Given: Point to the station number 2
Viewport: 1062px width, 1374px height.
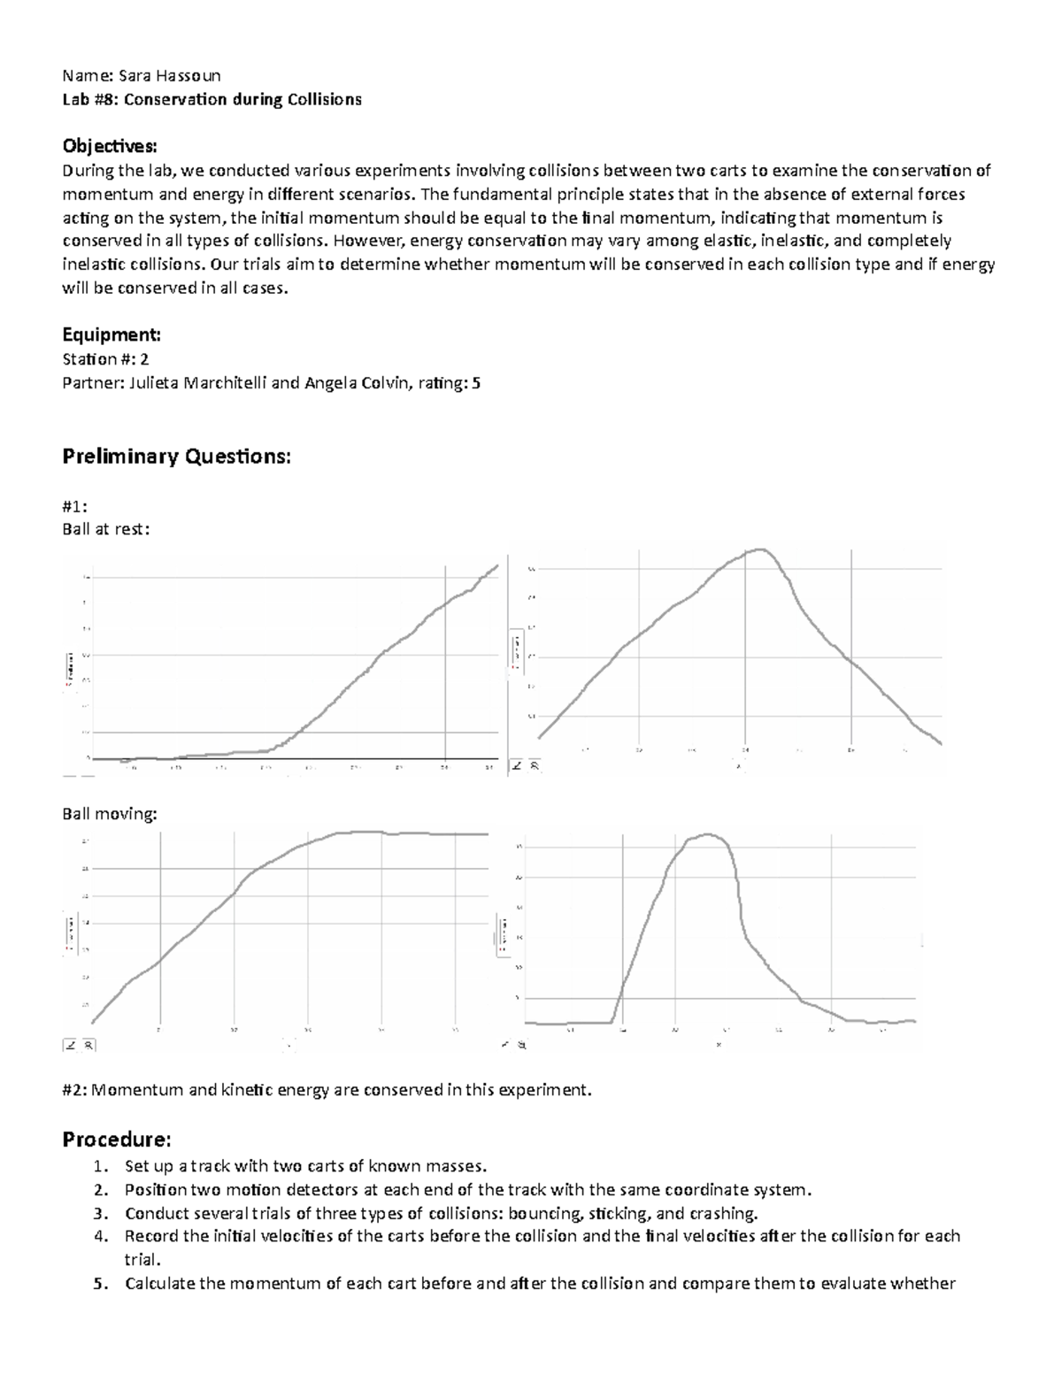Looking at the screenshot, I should point(145,358).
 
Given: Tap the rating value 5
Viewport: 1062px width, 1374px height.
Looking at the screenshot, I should point(476,382).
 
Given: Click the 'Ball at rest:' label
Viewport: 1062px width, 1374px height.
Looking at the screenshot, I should point(105,529).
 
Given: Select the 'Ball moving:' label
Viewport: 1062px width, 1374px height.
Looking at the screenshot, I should point(109,813).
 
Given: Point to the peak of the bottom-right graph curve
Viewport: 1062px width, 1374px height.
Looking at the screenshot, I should point(706,834).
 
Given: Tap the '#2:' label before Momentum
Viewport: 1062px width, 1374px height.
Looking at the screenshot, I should point(74,1090).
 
